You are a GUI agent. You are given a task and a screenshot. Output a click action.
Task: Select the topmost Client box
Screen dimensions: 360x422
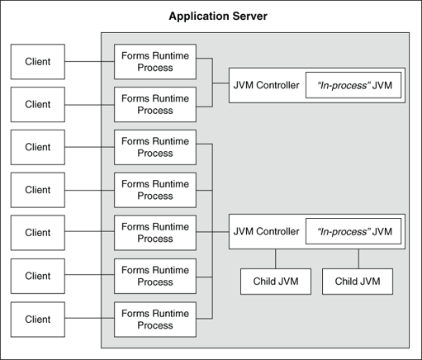38,62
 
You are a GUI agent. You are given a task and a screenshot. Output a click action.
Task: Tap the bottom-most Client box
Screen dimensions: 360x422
38,319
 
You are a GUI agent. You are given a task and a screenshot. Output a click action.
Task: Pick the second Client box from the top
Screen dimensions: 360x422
38,105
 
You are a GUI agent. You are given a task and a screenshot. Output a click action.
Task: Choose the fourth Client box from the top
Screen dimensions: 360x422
38,190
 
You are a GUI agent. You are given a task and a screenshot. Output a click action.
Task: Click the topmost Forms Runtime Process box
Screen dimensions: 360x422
155,61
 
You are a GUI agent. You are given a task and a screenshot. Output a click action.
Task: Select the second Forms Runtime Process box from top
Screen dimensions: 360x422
155,104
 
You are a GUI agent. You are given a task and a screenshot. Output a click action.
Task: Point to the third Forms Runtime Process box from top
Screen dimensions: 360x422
155,147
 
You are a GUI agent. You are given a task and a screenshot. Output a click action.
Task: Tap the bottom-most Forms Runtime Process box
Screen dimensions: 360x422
155,319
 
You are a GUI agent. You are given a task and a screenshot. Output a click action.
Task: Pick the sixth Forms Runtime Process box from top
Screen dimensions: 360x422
155,276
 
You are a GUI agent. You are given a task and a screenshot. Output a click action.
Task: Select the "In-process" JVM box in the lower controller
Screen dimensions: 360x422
353,231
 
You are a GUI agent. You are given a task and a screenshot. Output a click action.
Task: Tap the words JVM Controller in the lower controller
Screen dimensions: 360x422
267,231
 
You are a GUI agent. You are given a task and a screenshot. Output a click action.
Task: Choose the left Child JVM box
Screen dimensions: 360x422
276,282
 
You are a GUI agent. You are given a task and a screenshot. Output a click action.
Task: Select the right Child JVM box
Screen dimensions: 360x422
358,282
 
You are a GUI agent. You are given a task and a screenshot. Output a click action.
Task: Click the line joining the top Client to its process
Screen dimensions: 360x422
89,62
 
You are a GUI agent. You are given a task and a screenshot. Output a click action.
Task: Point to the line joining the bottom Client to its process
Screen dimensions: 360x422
89,319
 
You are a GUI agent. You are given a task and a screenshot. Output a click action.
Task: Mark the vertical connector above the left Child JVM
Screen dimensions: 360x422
276,258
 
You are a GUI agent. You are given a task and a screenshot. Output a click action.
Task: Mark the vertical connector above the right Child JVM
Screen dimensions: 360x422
358,258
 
